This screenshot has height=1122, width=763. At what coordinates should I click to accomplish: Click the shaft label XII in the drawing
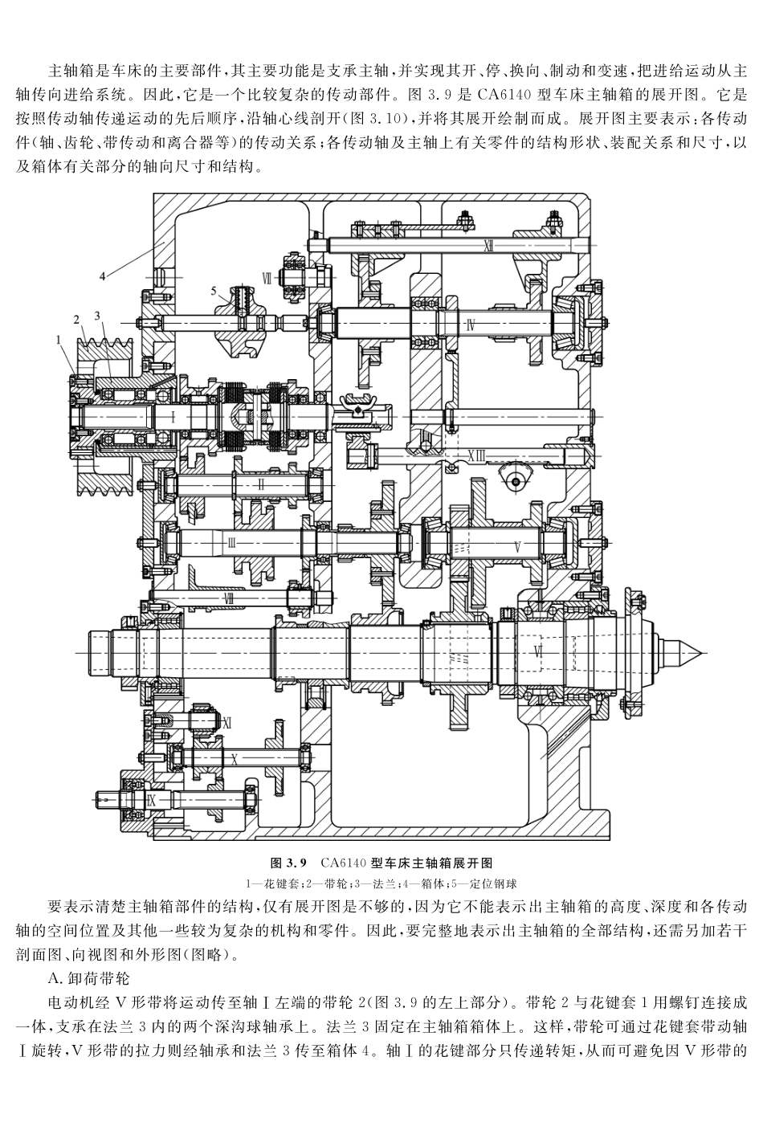point(488,244)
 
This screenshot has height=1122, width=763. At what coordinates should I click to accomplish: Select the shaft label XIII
point(476,456)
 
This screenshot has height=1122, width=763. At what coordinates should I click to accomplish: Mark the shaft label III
point(231,543)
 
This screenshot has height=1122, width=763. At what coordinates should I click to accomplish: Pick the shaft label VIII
point(228,598)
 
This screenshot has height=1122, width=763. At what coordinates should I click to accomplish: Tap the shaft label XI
point(226,722)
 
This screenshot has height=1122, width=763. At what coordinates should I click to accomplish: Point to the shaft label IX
point(150,800)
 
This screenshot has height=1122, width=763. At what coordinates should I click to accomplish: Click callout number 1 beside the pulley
point(59,340)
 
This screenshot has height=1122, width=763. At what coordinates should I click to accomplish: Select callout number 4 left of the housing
point(102,276)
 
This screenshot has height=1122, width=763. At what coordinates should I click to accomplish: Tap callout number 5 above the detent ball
point(214,290)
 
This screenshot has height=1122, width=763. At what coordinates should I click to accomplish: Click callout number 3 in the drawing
point(96,316)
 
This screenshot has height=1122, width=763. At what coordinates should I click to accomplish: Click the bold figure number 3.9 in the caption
point(297,863)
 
